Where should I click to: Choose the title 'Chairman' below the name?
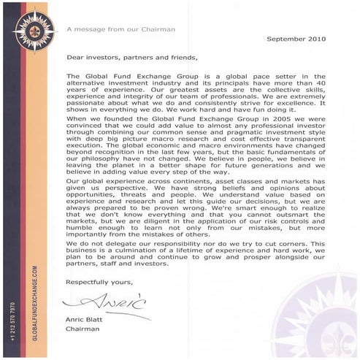coord(81,328)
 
